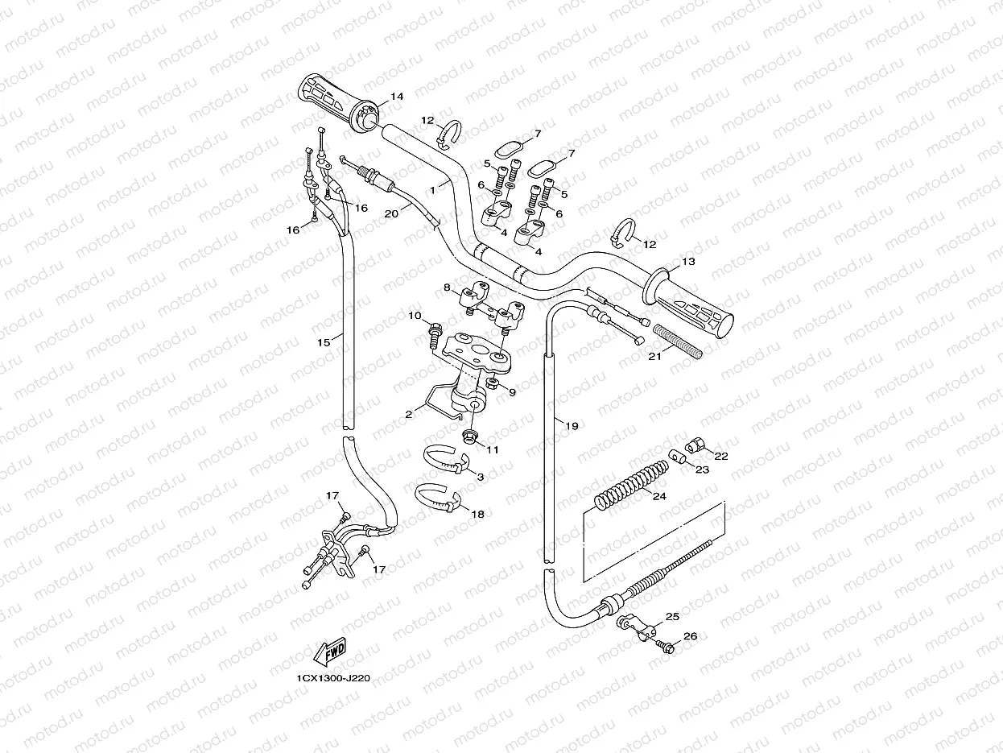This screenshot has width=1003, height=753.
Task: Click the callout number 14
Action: pos(397,97)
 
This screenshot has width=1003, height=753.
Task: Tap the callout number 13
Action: pos(688,262)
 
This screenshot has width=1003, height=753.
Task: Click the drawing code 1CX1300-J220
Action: pos(333,678)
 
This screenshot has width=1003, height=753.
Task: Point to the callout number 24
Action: pos(659,496)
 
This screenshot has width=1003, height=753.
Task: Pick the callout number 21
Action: pos(654,355)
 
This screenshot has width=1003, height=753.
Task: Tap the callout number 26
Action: pos(690,636)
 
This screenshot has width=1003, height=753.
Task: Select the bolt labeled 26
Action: pos(665,646)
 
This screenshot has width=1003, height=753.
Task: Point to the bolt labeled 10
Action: pos(435,329)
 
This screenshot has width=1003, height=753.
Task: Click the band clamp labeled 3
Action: pos(447,460)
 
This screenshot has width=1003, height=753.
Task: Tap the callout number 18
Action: pos(477,513)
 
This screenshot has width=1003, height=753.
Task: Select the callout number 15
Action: pos(324,342)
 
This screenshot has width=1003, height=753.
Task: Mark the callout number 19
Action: pos(572,426)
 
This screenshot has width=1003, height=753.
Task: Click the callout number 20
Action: pos(391,214)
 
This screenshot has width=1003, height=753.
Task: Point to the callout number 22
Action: pos(720,456)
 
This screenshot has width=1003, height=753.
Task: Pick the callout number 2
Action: pos(409,413)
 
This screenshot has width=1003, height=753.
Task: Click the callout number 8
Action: pos(447,287)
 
